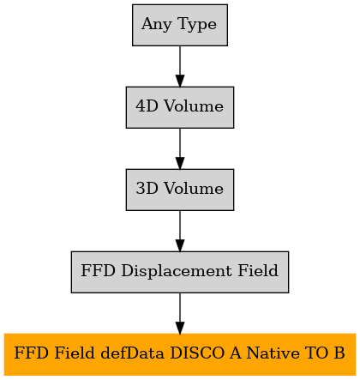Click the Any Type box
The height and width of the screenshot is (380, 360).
180,25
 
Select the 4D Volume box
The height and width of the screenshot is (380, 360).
180,107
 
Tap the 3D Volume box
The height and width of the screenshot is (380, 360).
180,190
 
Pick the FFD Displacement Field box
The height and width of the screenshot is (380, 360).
180,272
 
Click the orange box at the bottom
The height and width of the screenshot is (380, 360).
180,354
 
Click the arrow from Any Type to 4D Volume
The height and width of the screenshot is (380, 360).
180,66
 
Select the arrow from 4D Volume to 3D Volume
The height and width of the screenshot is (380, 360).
180,148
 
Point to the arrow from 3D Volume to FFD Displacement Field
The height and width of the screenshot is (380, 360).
180,231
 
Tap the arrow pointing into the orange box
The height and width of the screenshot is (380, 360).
180,313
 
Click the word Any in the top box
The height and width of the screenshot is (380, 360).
156,25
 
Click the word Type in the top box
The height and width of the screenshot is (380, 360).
197,25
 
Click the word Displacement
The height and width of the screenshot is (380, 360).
177,271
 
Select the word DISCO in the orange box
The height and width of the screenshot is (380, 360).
197,353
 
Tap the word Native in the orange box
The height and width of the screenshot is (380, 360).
273,353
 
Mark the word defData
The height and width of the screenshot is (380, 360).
133,353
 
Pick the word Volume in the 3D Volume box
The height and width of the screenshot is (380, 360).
194,189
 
